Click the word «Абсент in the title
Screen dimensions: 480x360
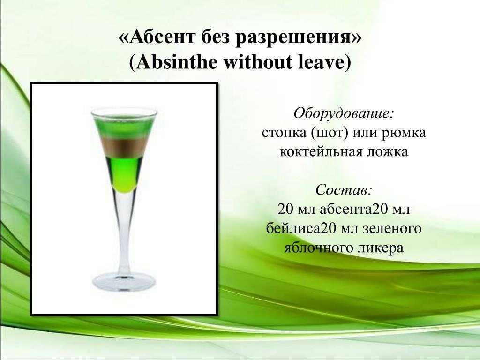(x=157, y=37)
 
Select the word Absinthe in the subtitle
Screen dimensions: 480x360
(x=174, y=62)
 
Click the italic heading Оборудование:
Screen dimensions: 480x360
(x=344, y=113)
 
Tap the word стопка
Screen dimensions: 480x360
(x=284, y=133)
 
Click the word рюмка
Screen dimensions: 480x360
(x=404, y=133)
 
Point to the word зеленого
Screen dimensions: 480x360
(x=392, y=228)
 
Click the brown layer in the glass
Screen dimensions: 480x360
(x=124, y=147)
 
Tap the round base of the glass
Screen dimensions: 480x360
(x=124, y=281)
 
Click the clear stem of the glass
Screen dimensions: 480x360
(x=124, y=232)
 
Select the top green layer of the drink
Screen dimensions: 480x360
(x=124, y=126)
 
